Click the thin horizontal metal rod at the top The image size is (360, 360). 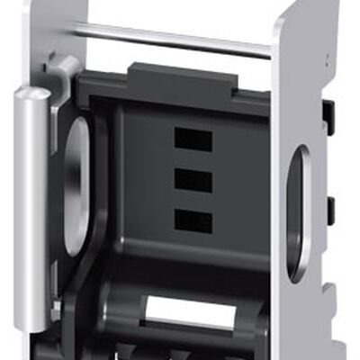pos(171,39)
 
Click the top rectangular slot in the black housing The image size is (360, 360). pos(193,139)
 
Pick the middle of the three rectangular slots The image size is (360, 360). pos(193,180)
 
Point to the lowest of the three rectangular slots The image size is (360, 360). pos(193,220)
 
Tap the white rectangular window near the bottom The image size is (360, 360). pos(189,311)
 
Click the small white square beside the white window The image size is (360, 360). pos(242,313)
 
